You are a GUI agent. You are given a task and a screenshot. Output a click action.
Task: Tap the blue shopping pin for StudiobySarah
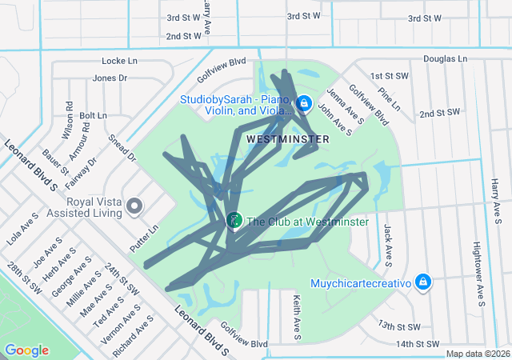304,103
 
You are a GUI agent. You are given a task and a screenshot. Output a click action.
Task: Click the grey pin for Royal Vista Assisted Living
134,206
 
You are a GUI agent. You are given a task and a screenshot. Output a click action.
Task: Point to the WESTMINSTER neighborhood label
288,139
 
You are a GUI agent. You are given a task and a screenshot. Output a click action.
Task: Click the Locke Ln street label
120,61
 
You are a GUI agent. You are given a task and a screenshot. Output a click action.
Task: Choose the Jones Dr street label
110,78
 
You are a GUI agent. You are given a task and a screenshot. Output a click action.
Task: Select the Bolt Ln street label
93,116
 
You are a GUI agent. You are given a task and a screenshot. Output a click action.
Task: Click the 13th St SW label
399,326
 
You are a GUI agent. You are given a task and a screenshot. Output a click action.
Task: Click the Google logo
26,350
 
